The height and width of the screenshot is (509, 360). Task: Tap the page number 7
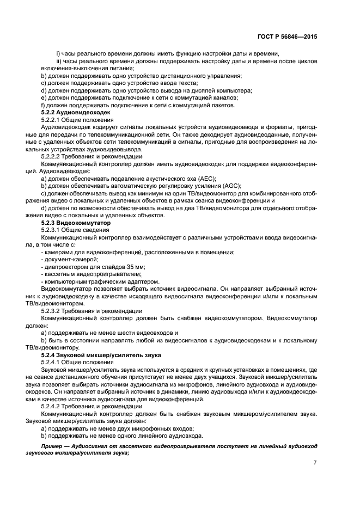click(x=315, y=462)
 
